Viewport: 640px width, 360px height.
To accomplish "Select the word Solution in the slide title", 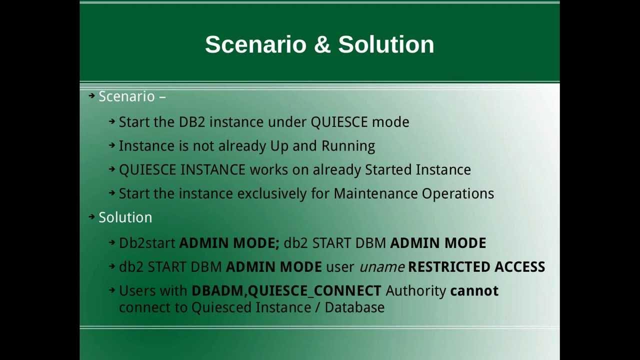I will pyautogui.click(x=386, y=44).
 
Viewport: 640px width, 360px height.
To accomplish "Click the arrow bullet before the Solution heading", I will pyautogui.click(x=91, y=217).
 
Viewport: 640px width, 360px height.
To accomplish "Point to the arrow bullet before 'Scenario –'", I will pyautogui.click(x=91, y=95).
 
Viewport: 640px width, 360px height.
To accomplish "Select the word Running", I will pyautogui.click(x=348, y=146).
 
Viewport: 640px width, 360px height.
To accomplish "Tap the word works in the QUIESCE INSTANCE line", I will pyautogui.click(x=268, y=170).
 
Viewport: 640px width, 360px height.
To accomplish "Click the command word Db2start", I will pyautogui.click(x=147, y=243).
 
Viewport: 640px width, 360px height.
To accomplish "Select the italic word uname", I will pyautogui.click(x=381, y=267).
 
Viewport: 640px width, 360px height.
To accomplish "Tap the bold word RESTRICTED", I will pyautogui.click(x=449, y=267).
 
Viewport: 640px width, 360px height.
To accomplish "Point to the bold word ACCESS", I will pyautogui.click(x=519, y=267).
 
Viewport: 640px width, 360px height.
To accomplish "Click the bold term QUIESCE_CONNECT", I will pyautogui.click(x=314, y=291).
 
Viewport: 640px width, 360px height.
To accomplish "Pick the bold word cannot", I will pyautogui.click(x=474, y=291).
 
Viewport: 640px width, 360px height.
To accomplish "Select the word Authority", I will pyautogui.click(x=415, y=291).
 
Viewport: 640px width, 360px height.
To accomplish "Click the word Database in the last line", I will pyautogui.click(x=354, y=307).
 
